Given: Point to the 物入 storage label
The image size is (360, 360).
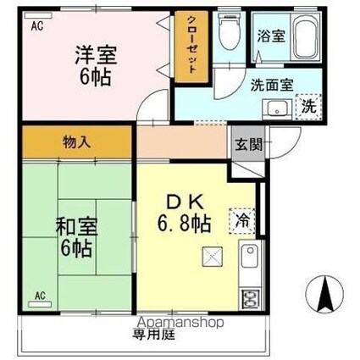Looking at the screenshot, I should (x=75, y=142).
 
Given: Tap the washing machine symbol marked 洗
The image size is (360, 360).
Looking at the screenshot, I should (x=309, y=107).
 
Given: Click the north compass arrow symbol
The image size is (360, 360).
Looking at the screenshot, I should (x=324, y=293).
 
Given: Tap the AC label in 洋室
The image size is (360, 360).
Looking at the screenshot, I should (x=37, y=25).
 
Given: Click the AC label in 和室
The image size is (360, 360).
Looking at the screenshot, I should (x=40, y=296).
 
